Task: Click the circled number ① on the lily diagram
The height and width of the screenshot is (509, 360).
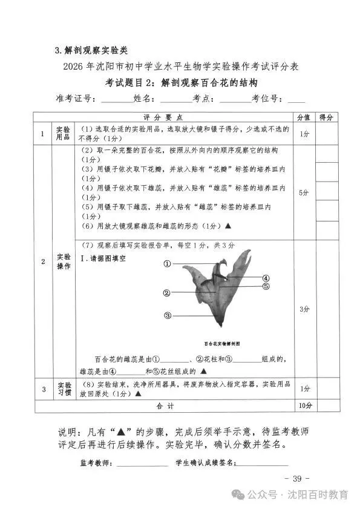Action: (167, 264)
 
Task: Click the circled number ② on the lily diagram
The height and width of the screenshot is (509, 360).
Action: (166, 293)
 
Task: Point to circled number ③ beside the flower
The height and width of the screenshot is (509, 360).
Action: (168, 315)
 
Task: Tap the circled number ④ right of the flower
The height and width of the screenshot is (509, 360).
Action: (266, 278)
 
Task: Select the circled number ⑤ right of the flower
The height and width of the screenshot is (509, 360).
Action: (266, 286)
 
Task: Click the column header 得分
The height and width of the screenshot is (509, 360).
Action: (327, 117)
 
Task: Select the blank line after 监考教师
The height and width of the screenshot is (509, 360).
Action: (143, 465)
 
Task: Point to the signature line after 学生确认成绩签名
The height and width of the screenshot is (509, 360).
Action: (261, 465)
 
